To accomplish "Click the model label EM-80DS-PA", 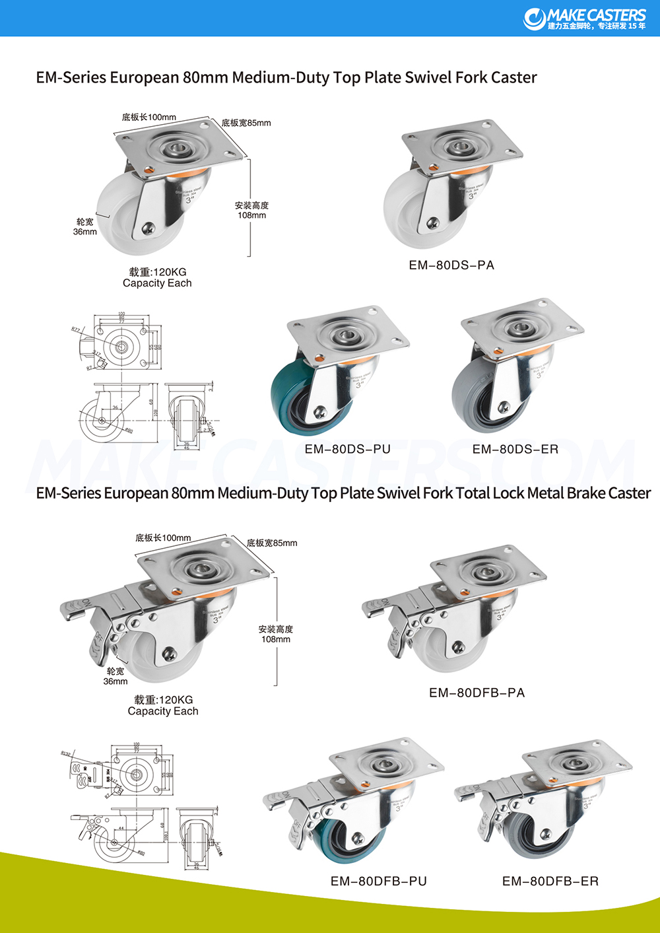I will pos(451,265).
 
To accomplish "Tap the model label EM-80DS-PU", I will pos(347,449).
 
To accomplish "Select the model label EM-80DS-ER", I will pos(515,449).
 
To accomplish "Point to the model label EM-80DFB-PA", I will pos(477,693).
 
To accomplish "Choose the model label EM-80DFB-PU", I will pos(378,881).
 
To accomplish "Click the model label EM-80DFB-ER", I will pos(550,881).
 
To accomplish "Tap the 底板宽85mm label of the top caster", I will pos(246,123).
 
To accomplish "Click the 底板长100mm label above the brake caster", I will pos(163,537).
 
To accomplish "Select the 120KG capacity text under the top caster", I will pos(158,272).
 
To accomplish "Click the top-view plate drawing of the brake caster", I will pos(135,773).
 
